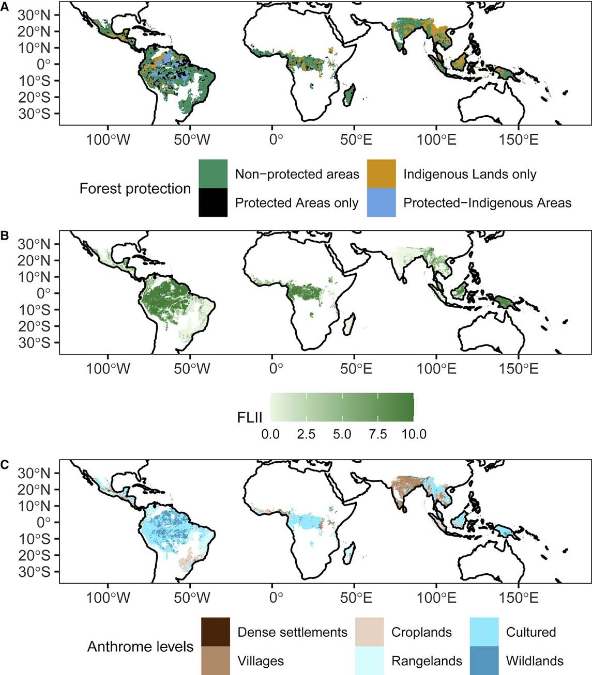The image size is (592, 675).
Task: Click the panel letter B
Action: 4,236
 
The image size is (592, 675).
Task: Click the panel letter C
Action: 4,464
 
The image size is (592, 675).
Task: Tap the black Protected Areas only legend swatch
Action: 213,202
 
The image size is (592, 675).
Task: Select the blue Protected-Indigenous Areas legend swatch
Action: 382,202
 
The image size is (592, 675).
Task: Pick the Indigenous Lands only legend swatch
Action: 382,174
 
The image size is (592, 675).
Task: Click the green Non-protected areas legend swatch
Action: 213,174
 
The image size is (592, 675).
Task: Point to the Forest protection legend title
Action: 135,189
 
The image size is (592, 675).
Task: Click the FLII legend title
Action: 250,417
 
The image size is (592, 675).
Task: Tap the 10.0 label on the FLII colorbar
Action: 414,434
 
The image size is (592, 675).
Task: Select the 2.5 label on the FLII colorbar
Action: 306,434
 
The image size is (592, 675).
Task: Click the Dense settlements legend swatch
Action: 216,632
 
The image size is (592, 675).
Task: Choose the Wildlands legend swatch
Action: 484,661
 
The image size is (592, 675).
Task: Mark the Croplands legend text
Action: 421,632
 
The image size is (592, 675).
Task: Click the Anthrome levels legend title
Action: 140,647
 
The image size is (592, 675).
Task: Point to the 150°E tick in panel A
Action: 519,139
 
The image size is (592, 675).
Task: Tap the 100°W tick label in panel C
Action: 108,598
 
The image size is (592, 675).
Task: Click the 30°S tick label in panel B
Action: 35,343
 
